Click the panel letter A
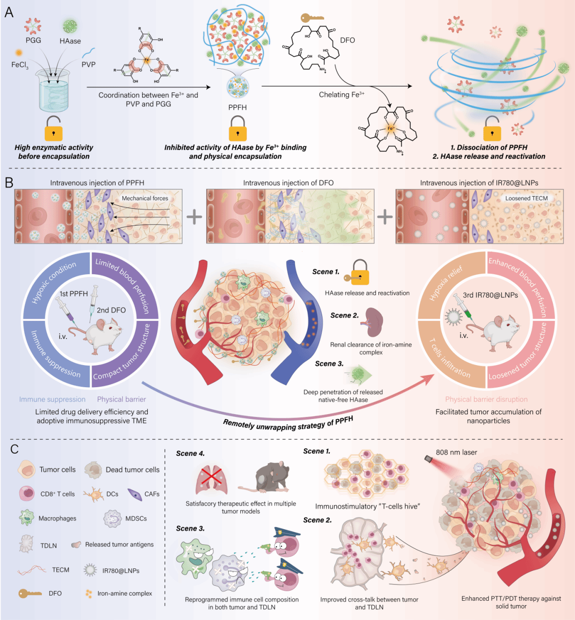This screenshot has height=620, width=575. point(9,12)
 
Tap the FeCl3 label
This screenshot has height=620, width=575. point(19,64)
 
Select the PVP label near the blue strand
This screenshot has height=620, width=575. point(89,64)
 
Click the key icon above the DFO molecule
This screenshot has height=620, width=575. point(312,18)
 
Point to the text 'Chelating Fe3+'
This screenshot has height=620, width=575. point(341,95)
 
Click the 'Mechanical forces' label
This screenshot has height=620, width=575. point(145,198)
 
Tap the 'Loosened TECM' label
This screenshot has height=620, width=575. point(526,198)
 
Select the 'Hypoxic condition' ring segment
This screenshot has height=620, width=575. point(53,284)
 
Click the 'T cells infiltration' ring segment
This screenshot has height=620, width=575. point(449,358)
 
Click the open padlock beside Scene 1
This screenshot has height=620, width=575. point(360,273)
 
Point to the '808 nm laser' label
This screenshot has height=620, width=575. point(456,452)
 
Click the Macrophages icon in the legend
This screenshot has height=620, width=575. point(27,518)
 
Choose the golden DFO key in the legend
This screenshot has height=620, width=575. point(30,594)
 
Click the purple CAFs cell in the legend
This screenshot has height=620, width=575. point(134,494)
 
